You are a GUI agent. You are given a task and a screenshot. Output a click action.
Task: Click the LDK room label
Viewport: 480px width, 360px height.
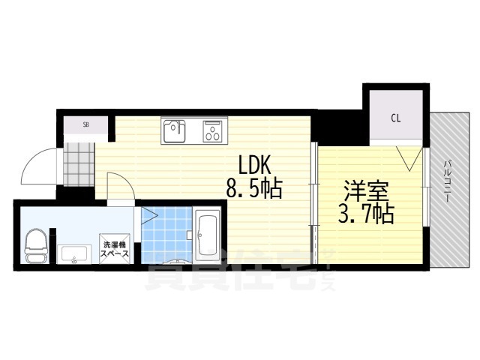[249, 165]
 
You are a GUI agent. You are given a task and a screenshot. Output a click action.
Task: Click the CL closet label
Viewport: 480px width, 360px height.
[394, 118]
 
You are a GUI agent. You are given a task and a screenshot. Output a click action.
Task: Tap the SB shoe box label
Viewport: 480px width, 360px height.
[86, 124]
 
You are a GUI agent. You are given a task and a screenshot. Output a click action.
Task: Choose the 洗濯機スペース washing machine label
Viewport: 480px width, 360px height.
[116, 249]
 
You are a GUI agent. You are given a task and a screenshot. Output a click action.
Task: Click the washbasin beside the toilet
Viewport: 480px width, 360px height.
[73, 254]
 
